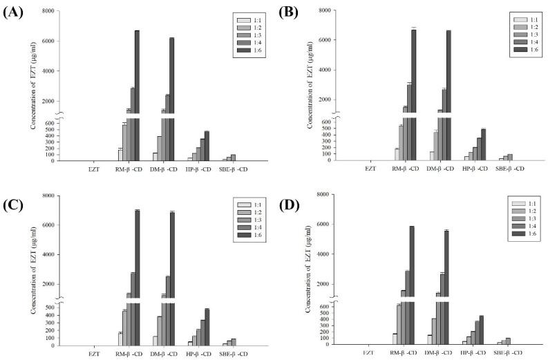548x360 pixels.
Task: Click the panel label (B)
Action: pos(286,12)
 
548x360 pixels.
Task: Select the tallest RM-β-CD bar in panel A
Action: pos(138,90)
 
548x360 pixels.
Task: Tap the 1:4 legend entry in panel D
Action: pos(512,231)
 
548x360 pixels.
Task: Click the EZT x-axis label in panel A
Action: pos(94,168)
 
